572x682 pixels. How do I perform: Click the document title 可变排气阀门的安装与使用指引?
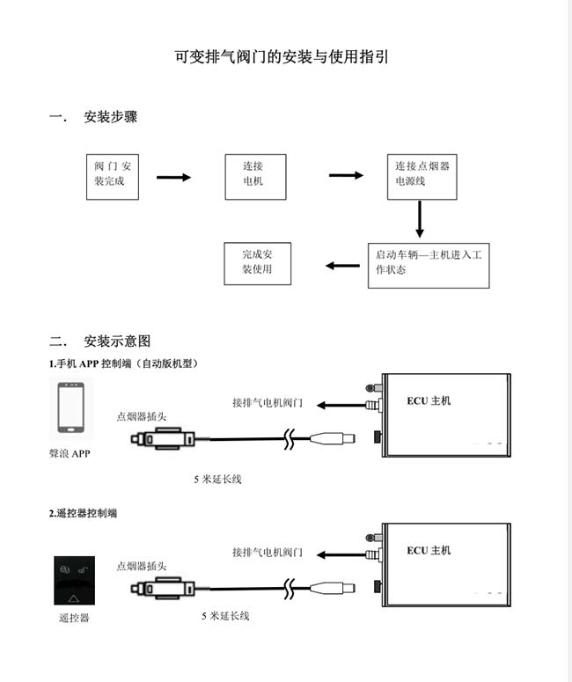click(282, 57)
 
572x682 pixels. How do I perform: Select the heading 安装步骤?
click(111, 116)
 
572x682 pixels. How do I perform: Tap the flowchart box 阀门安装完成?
click(113, 177)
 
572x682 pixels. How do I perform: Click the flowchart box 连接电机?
click(255, 177)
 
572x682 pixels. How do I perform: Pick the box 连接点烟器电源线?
click(422, 177)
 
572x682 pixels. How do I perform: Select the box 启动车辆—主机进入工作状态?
click(429, 265)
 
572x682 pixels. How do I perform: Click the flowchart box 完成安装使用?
click(258, 264)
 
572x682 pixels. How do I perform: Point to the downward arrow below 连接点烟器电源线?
click(420, 219)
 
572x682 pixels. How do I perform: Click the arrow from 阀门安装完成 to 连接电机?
click(173, 177)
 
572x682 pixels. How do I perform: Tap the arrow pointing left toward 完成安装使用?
click(343, 265)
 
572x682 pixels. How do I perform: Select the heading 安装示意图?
click(117, 341)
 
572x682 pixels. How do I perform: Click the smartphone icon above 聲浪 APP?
click(71, 407)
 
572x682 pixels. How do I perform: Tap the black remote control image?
click(75, 580)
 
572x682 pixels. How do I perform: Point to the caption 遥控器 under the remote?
click(74, 618)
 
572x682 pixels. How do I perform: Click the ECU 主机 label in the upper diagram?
click(429, 400)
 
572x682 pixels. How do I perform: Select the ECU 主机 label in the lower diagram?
click(429, 550)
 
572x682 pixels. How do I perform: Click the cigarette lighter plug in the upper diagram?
click(163, 439)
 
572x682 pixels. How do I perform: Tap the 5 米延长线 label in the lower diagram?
click(225, 615)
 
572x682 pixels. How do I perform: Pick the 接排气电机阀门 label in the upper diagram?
click(267, 403)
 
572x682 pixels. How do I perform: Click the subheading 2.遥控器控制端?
click(83, 513)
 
